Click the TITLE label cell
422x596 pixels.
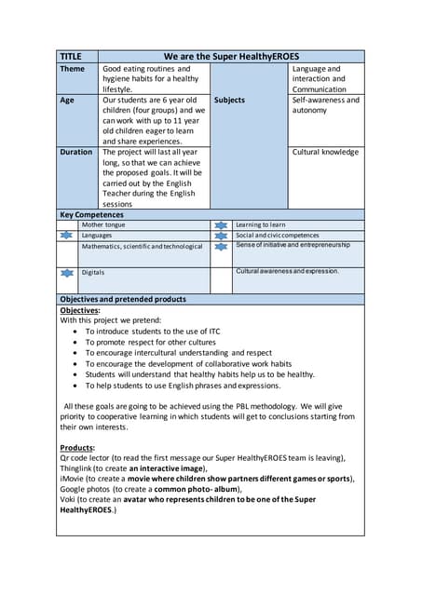[71, 56]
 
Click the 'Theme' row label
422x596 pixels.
[73, 69]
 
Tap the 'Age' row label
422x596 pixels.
[67, 101]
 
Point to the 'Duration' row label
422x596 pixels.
[76, 152]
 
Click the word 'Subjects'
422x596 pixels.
[229, 101]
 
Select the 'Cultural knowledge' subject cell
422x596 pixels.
[325, 152]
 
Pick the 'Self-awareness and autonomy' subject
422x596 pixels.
[325, 105]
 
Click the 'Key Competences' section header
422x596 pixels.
[91, 214]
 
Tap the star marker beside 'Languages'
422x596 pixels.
[66, 237]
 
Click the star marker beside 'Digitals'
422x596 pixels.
[66, 273]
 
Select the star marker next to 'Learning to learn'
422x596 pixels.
[221, 225]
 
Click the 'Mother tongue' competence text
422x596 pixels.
[103, 225]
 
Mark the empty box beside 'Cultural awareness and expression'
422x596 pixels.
[221, 278]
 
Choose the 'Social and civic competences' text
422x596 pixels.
[277, 237]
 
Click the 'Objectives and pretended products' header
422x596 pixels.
[122, 299]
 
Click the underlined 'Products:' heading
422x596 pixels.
[77, 448]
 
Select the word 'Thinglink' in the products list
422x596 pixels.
[79, 468]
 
